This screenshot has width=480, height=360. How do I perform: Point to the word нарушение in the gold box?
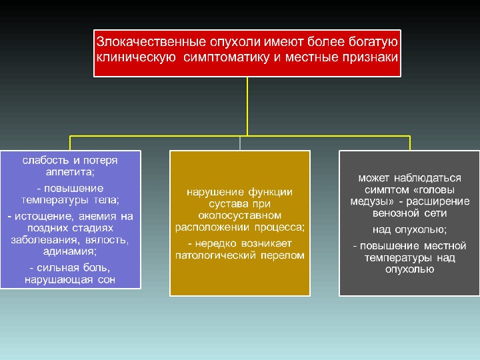click(213, 193)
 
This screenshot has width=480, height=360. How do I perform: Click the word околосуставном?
click(240, 215)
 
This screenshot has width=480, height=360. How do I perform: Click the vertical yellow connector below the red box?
click(247, 107)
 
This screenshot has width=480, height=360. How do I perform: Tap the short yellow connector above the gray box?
click(409, 143)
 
